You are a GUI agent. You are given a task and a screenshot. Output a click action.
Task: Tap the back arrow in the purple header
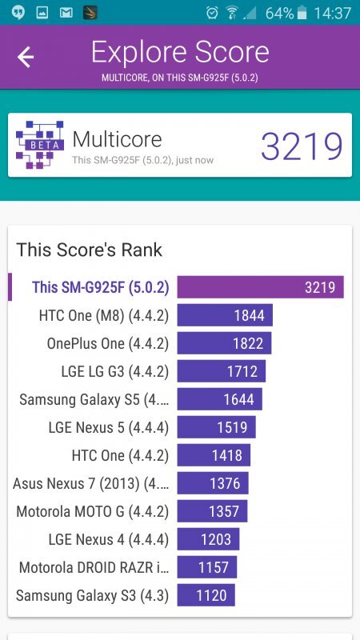[x=26, y=57]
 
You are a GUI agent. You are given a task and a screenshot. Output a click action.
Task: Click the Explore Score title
[x=180, y=53]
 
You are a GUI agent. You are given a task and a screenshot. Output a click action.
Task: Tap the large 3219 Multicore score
[x=302, y=146]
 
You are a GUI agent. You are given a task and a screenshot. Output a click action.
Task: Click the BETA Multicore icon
[x=39, y=145]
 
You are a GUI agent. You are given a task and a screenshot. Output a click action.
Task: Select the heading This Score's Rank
[x=89, y=250]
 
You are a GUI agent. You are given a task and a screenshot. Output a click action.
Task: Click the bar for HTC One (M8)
[x=225, y=315]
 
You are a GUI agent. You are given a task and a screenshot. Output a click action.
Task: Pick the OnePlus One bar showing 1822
[x=224, y=343]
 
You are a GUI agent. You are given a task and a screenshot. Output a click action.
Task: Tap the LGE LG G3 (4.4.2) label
[x=114, y=371]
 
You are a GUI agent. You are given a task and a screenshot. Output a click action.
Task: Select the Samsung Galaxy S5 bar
[x=219, y=399]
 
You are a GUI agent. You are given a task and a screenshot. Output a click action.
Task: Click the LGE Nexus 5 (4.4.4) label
[x=108, y=427]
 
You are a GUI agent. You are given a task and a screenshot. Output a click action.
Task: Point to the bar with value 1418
[x=214, y=455]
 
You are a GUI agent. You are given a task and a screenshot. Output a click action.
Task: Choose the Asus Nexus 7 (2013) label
[x=90, y=483]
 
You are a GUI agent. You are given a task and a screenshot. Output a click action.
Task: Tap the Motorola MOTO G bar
[x=212, y=511]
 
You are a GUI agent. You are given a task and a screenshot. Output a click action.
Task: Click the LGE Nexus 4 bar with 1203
[x=208, y=539]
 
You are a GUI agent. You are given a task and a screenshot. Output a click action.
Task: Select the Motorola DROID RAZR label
[x=94, y=567]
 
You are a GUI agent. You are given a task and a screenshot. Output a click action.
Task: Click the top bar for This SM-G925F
[x=260, y=287]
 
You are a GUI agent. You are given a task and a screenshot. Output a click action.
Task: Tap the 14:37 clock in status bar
[x=333, y=13]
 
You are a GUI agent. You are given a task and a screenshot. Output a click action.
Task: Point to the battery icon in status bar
[x=301, y=13]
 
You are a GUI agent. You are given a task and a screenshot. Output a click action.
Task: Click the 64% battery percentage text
[x=279, y=13]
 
